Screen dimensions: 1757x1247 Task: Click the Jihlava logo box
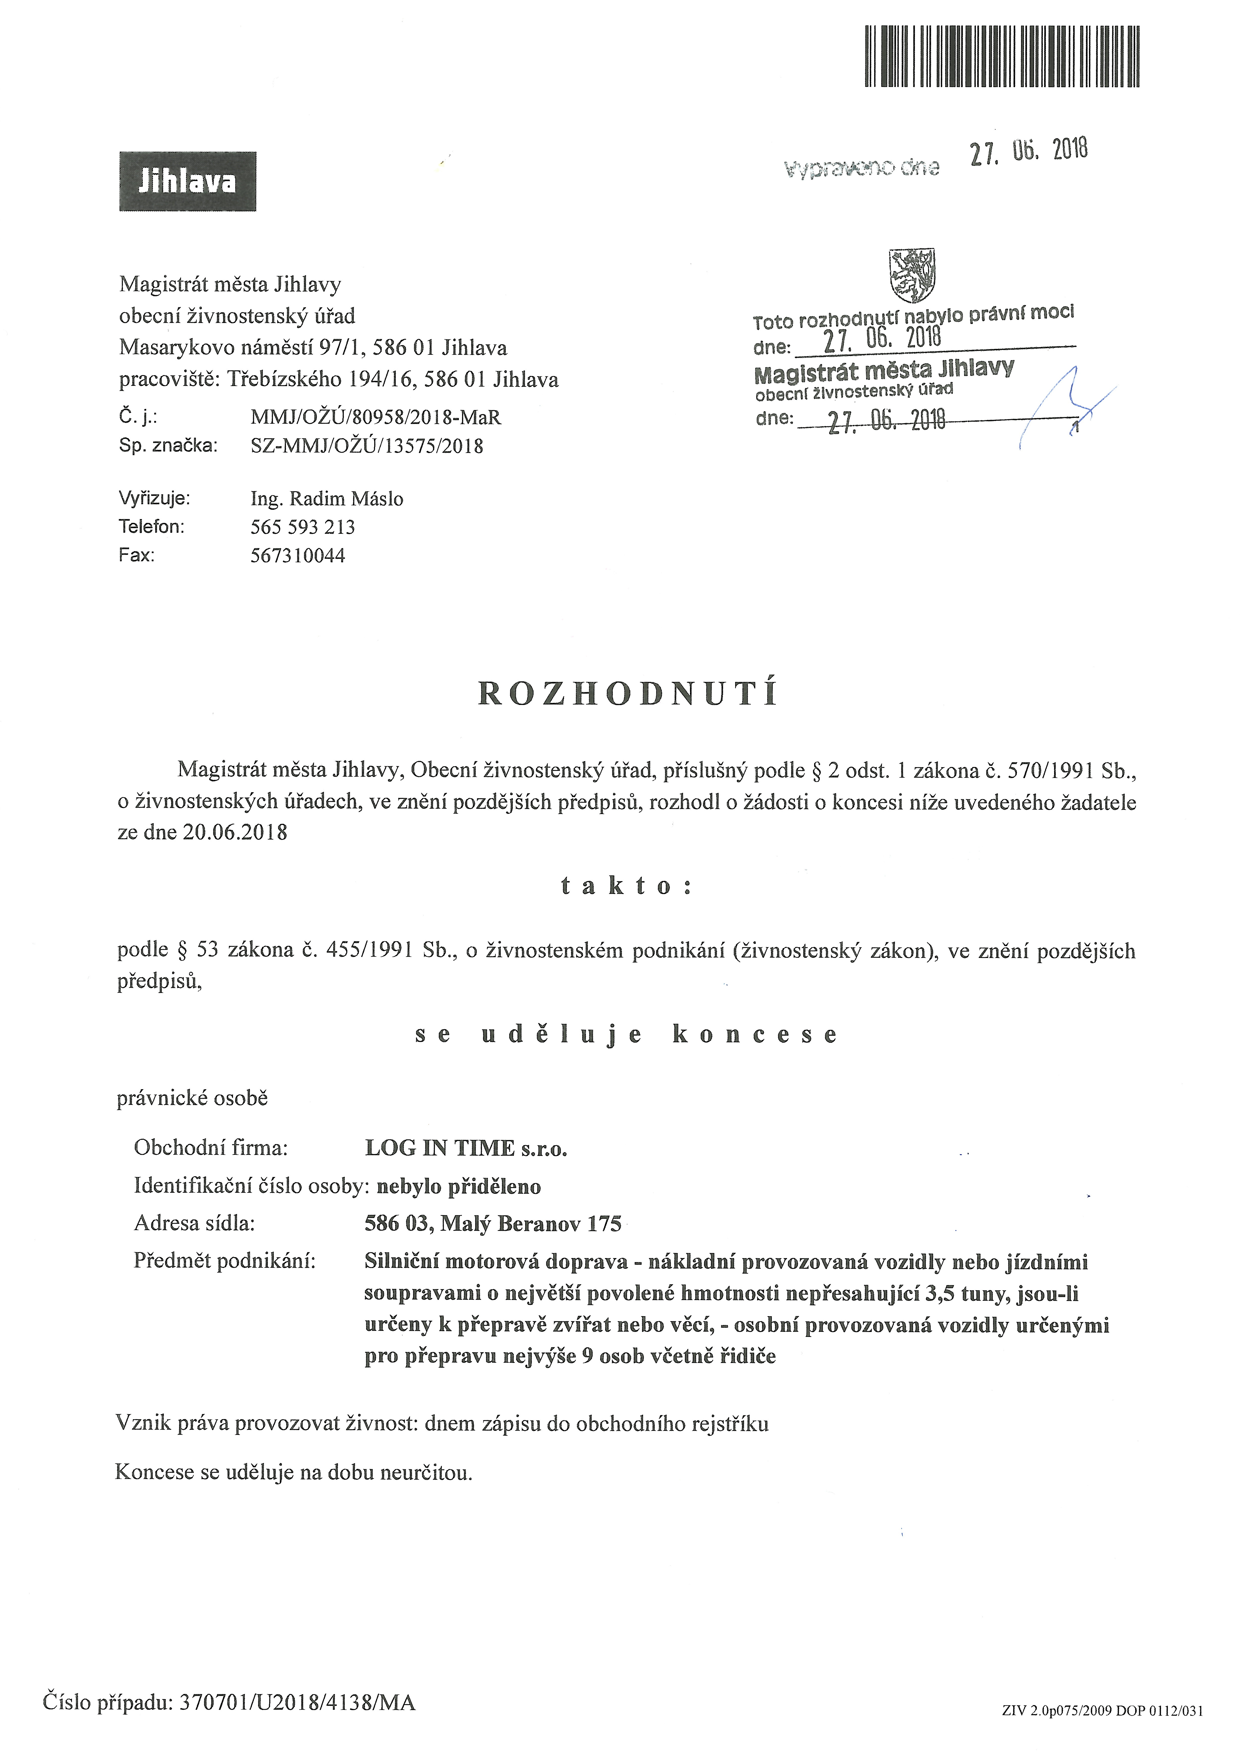187,181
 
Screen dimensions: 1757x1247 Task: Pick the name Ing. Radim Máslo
326,499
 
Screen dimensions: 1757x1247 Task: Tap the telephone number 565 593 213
303,527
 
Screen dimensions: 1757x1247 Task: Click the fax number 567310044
298,555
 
